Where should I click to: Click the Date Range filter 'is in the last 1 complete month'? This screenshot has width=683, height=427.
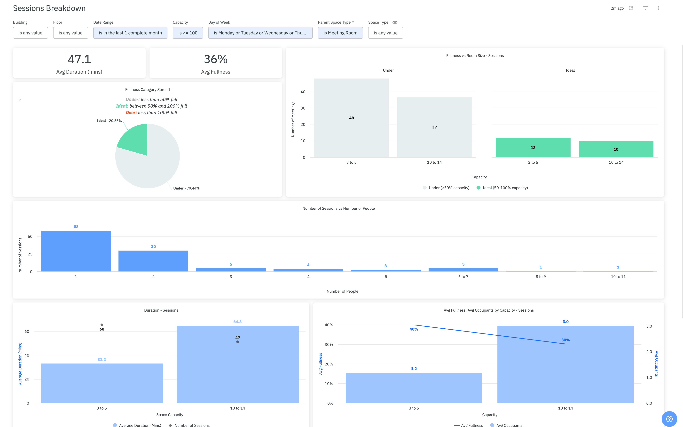click(130, 33)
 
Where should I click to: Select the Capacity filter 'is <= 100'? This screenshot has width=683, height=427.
click(188, 33)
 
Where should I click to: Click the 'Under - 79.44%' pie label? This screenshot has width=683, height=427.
click(186, 188)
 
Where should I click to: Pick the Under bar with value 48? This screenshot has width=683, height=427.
click(351, 118)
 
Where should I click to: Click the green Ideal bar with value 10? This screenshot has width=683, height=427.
click(616, 149)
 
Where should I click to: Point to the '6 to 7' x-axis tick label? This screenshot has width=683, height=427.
click(463, 277)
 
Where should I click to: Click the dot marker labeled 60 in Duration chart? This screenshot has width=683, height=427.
click(102, 325)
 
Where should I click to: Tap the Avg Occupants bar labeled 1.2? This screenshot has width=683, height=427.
click(414, 387)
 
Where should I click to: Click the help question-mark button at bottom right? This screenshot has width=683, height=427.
click(669, 419)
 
